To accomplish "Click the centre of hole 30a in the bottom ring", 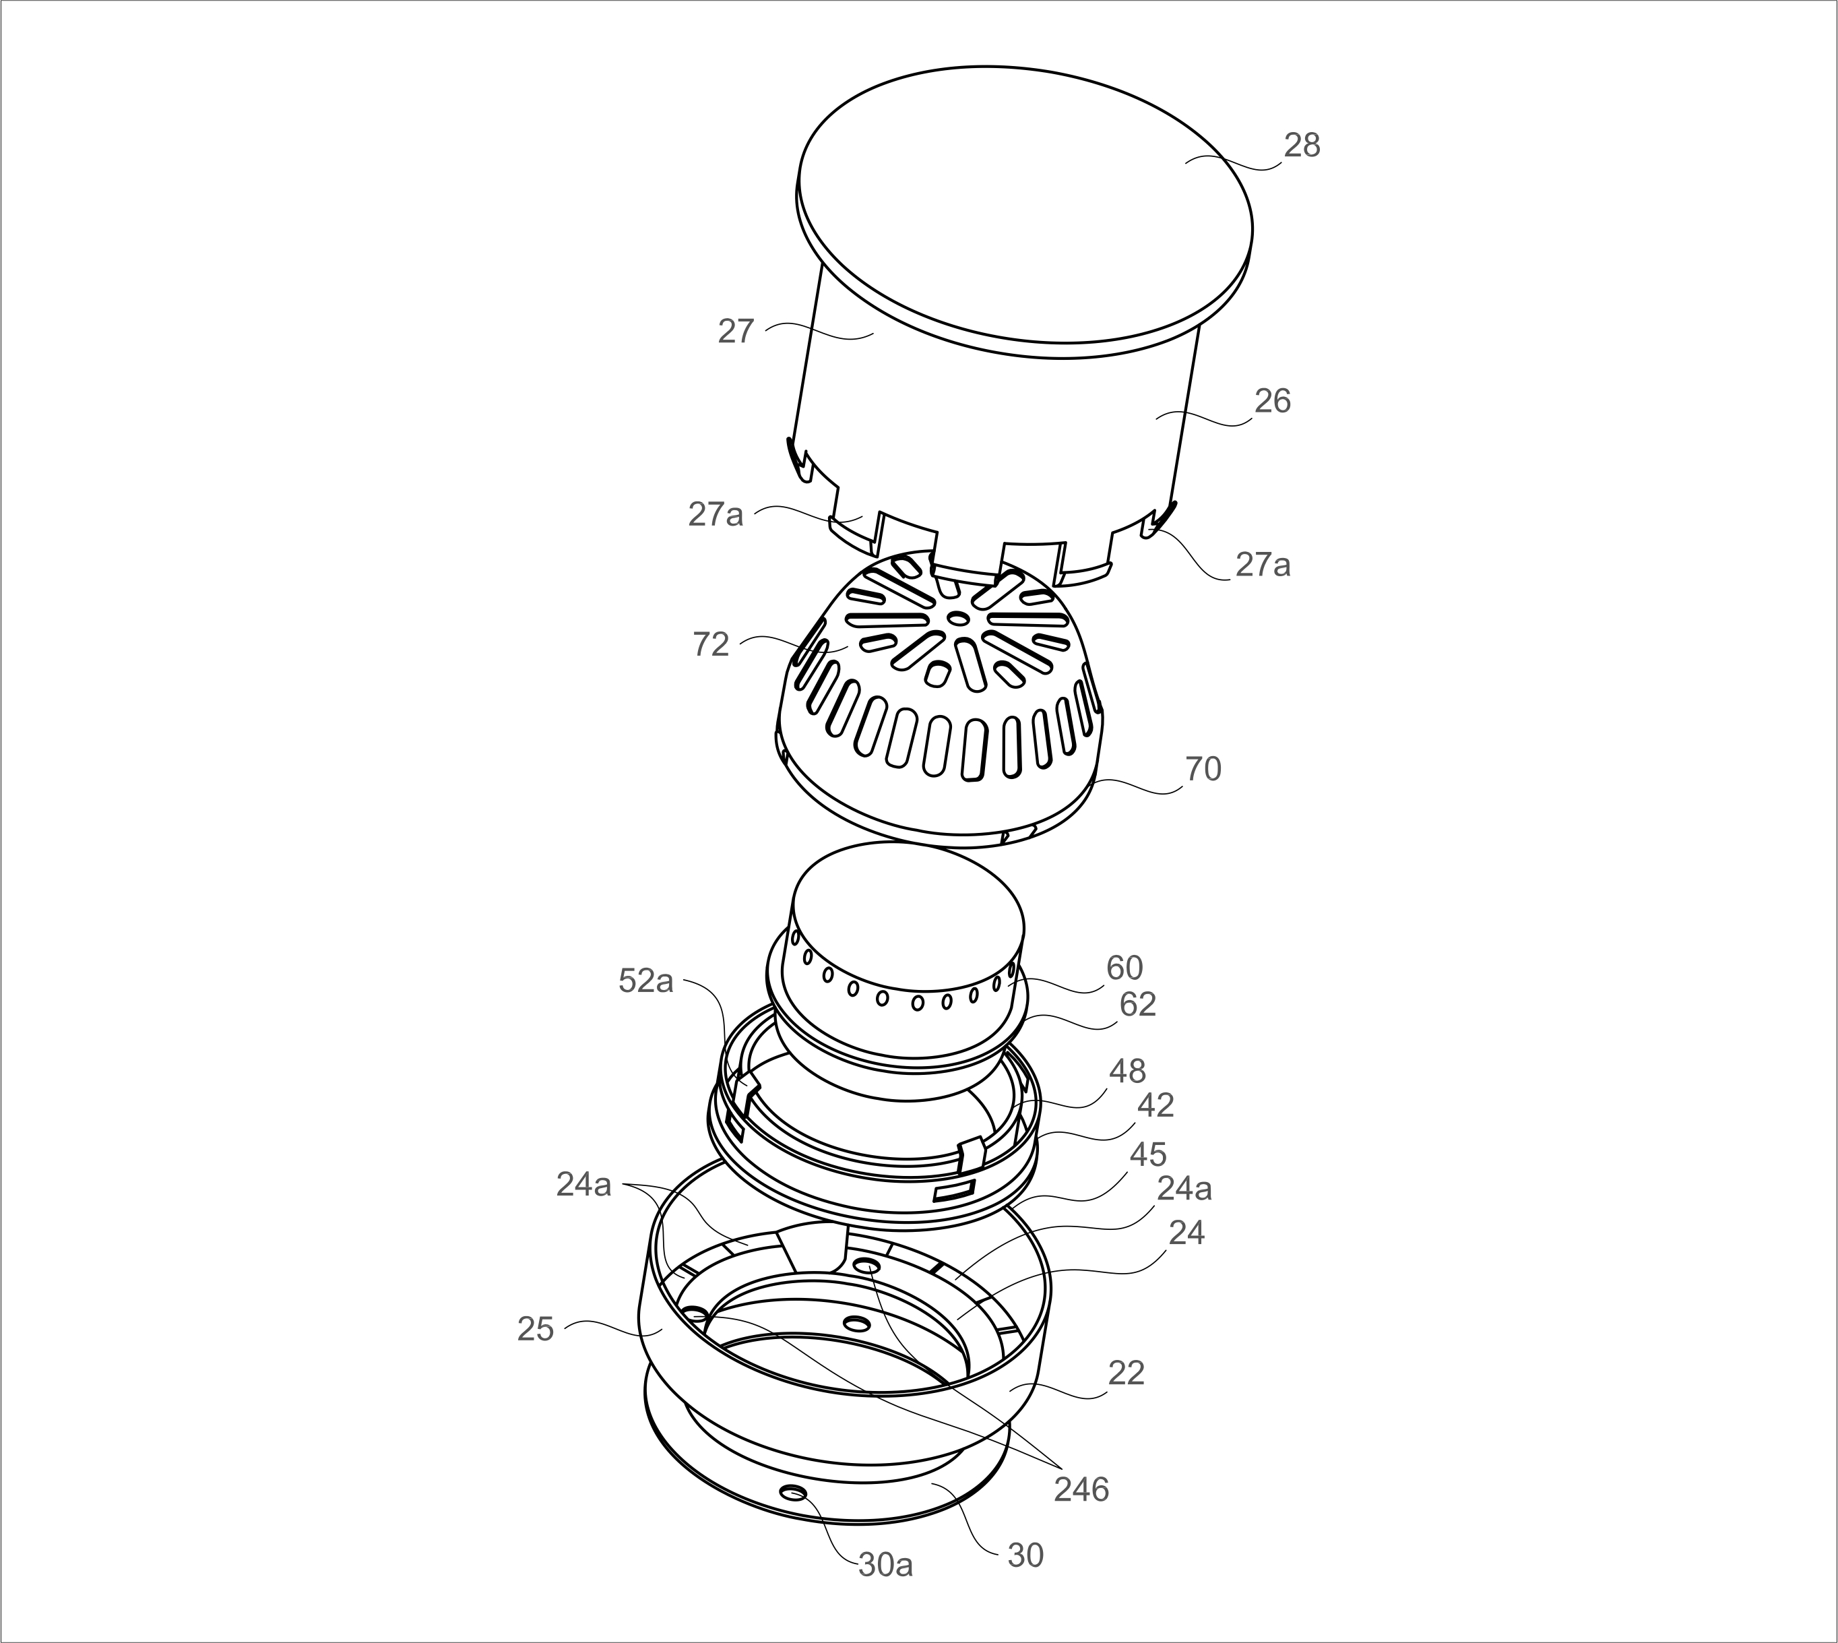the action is pos(795,1493).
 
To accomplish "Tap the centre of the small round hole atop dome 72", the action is pos(958,617).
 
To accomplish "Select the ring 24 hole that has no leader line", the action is pos(856,1324).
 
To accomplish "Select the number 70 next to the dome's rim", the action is pos(1203,769).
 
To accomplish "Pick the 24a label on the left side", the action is pos(583,1185).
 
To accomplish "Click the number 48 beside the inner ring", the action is pos(1127,1072).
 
